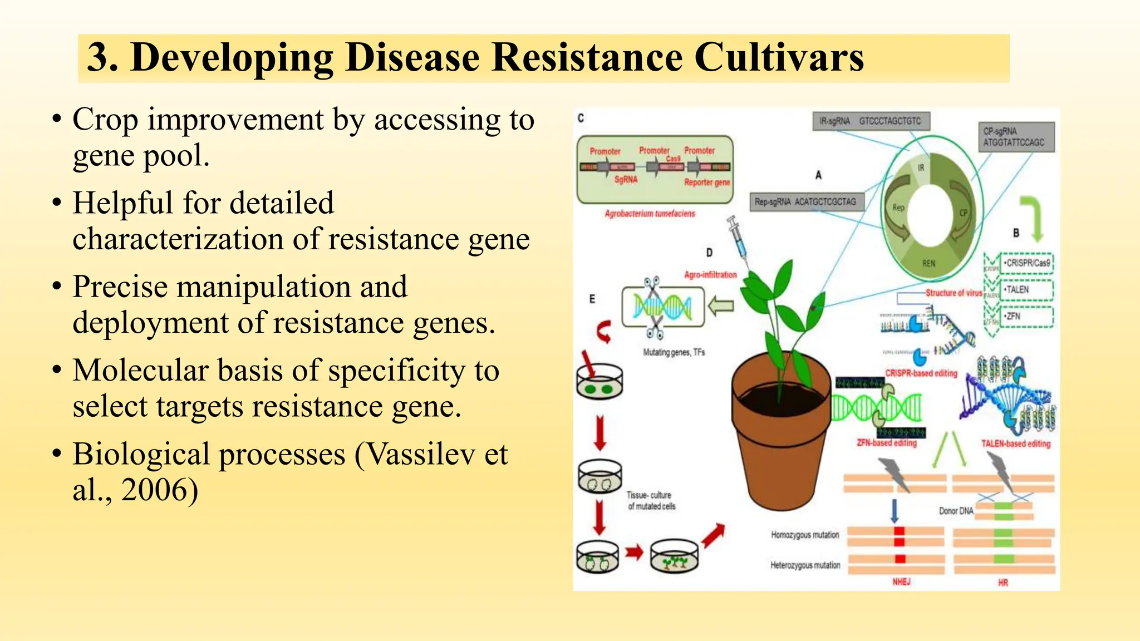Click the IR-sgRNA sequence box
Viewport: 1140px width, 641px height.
pyautogui.click(x=871, y=121)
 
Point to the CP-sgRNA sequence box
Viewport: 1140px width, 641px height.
pyautogui.click(x=1016, y=137)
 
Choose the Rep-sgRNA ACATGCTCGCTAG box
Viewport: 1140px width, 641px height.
pyautogui.click(x=806, y=201)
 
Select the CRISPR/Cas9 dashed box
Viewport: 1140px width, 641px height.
pyautogui.click(x=1027, y=263)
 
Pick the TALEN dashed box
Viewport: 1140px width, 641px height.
pyautogui.click(x=1027, y=290)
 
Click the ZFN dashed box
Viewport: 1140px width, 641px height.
pyautogui.click(x=1027, y=317)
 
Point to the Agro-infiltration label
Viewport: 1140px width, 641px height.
pyautogui.click(x=710, y=275)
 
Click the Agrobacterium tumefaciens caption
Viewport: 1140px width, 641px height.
pyautogui.click(x=650, y=214)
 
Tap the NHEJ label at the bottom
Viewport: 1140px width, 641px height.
pyautogui.click(x=901, y=581)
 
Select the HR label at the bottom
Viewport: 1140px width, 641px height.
pyautogui.click(x=1003, y=583)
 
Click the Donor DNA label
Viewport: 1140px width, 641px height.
pyautogui.click(x=956, y=511)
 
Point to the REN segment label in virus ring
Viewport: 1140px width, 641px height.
pyautogui.click(x=928, y=263)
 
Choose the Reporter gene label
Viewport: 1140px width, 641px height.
pyautogui.click(x=707, y=183)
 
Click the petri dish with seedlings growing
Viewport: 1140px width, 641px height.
pyautogui.click(x=674, y=556)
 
